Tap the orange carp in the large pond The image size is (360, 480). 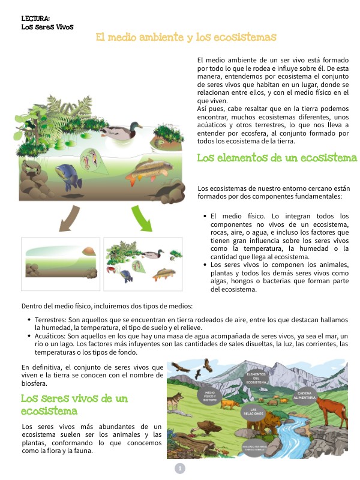pyautogui.click(x=145, y=172)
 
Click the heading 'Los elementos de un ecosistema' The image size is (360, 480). pyautogui.click(x=277, y=158)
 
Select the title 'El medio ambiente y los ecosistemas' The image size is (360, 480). pyautogui.click(x=186, y=37)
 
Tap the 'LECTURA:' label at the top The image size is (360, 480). pyautogui.click(x=35, y=19)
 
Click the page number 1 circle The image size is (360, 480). pyautogui.click(x=179, y=469)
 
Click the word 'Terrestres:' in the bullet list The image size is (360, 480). pyautogui.click(x=51, y=320)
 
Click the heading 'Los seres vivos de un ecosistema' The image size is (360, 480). pyautogui.click(x=75, y=404)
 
